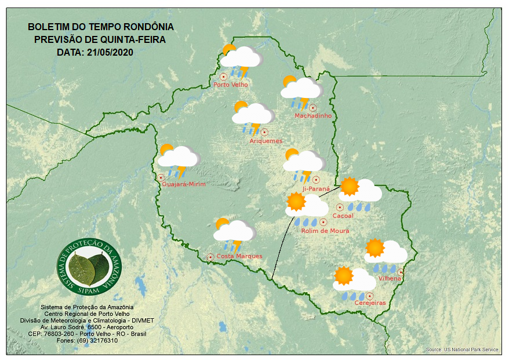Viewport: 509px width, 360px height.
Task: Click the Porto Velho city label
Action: [231, 85]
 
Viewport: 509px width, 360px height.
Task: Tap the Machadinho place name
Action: [313, 116]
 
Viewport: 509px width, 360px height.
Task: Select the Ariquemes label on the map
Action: [266, 141]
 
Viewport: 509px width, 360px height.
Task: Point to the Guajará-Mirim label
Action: [184, 184]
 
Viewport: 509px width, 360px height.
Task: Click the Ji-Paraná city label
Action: [315, 189]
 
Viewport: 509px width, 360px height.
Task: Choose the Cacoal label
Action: [343, 216]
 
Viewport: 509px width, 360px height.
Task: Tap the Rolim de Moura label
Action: [325, 231]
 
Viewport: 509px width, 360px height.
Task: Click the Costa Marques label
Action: [239, 256]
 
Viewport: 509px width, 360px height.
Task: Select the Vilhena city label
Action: [390, 279]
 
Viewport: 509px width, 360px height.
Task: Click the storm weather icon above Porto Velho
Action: [240, 60]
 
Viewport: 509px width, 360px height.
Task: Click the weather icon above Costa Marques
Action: [234, 234]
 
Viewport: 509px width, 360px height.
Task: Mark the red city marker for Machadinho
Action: [313, 107]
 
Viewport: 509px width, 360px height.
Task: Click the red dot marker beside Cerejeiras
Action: [369, 296]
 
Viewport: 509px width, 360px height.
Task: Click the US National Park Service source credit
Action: [462, 350]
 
